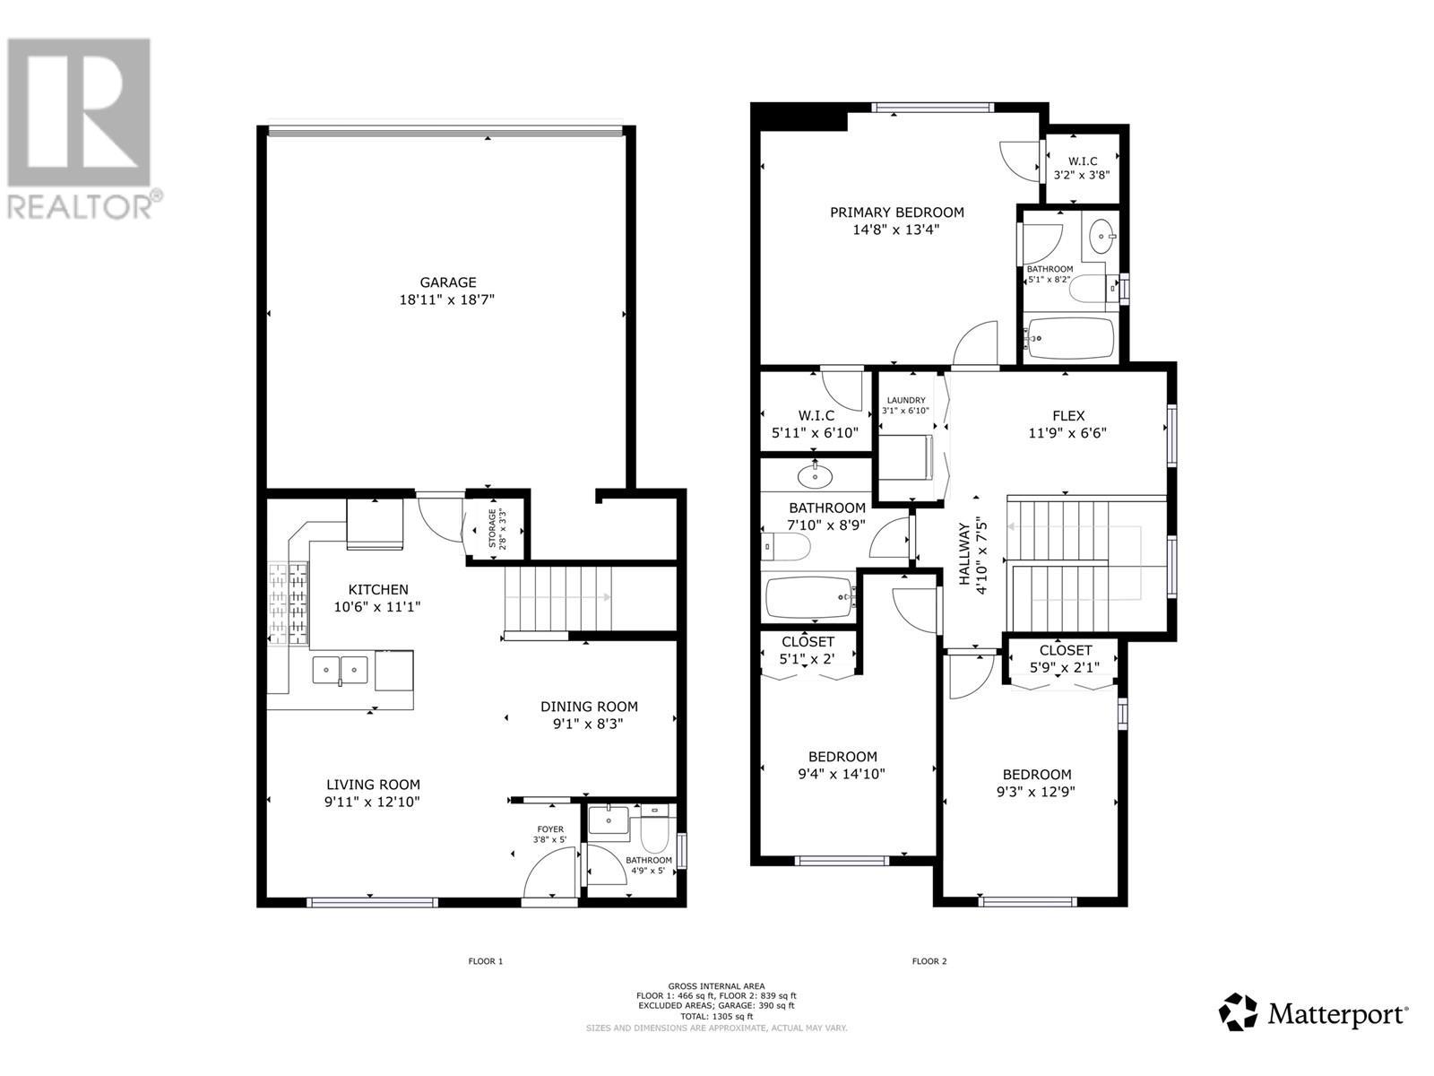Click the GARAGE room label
[446, 282]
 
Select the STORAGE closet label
[492, 529]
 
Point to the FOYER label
[550, 829]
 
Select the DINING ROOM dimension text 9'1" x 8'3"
[588, 724]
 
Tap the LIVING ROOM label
[373, 785]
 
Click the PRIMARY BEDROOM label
[896, 213]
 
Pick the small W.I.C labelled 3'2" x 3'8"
[1082, 169]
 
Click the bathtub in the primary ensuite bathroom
[1069, 338]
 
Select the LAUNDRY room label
[905, 401]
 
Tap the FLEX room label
[1068, 416]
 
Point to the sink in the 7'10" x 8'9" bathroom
[815, 475]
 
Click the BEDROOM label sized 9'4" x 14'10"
[842, 757]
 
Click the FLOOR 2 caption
[929, 961]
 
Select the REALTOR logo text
[81, 206]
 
